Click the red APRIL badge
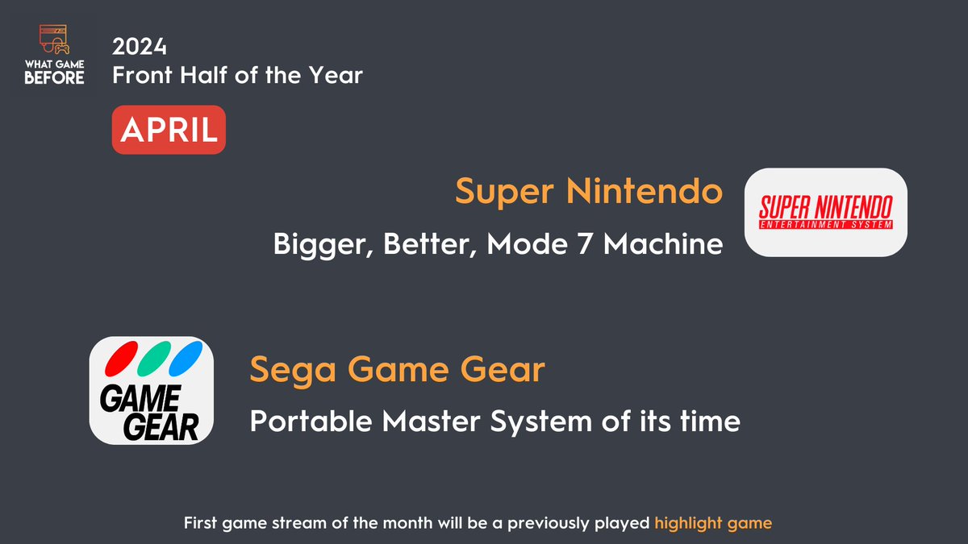coord(169,129)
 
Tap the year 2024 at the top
coord(138,44)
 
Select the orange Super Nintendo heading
coord(589,192)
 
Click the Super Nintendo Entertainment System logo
coord(825,213)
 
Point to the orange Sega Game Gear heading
coord(397,371)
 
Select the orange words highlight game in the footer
coord(713,523)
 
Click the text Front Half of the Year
coord(238,76)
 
